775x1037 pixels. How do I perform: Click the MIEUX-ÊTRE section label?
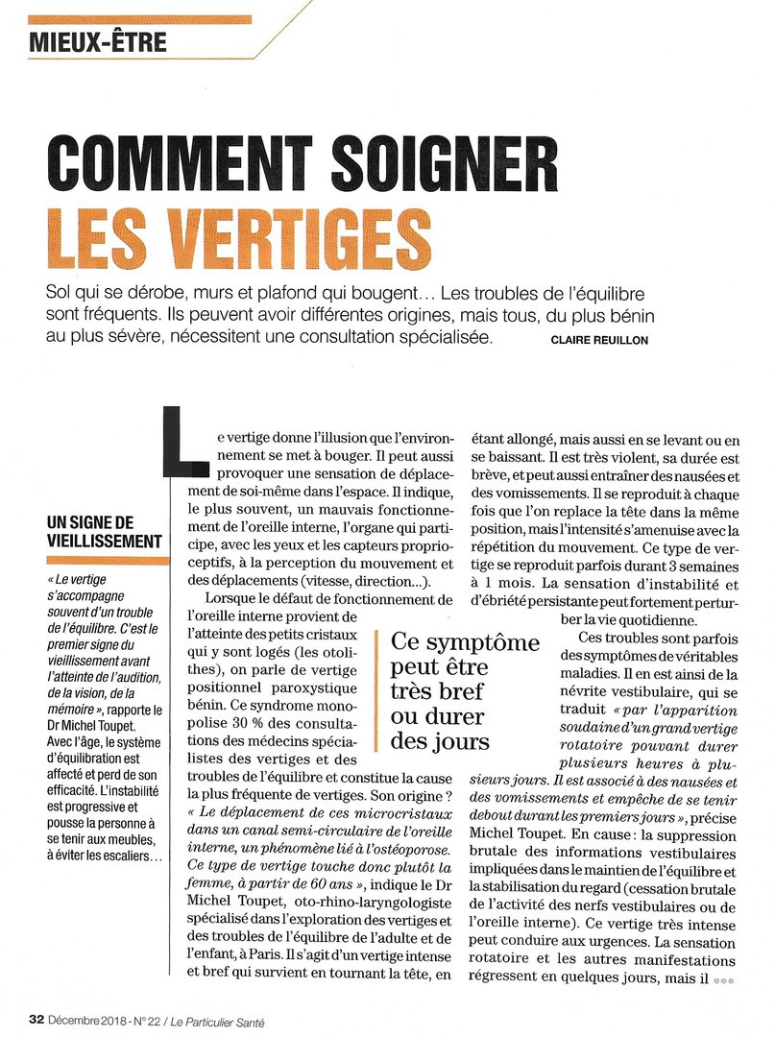tap(99, 41)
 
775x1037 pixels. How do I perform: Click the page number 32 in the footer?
tap(36, 1020)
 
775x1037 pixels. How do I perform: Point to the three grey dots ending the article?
tap(723, 981)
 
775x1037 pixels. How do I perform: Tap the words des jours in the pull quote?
tap(440, 741)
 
